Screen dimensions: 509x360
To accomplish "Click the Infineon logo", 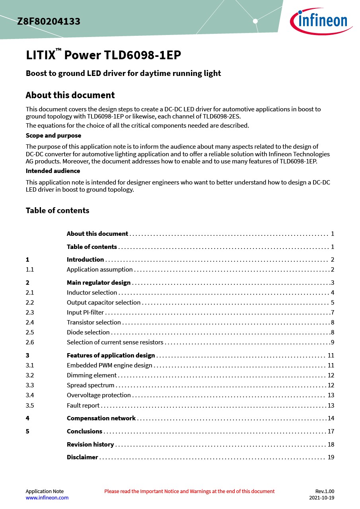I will click(321, 21).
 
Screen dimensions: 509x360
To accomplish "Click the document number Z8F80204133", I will click(49, 22).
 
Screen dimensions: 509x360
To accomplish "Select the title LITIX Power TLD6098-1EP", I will click(103, 55).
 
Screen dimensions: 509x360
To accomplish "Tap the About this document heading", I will click(70, 95).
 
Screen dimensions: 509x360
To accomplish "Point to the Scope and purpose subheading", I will click(53, 136).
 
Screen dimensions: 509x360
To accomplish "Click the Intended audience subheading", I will click(53, 171).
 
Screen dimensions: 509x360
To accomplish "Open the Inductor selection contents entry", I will click(92, 293).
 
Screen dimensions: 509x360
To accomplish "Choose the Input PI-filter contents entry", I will click(85, 313).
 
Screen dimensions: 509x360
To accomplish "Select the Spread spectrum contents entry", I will click(90, 385).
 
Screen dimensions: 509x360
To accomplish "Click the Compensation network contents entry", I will click(101, 418).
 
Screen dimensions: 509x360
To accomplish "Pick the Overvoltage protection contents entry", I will click(99, 395).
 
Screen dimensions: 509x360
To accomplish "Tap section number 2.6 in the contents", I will click(30, 342).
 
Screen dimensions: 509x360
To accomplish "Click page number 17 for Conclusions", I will click(331, 431).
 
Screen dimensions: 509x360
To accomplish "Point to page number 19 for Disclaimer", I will click(331, 457).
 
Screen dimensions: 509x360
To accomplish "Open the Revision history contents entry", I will click(90, 445).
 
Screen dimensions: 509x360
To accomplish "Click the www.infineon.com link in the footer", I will click(47, 498).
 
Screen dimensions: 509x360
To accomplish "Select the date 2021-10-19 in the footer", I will click(322, 498).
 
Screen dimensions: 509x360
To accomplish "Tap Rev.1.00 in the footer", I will click(325, 492).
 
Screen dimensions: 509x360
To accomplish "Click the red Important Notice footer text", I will click(189, 492).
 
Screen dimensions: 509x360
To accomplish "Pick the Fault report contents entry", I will click(83, 406).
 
